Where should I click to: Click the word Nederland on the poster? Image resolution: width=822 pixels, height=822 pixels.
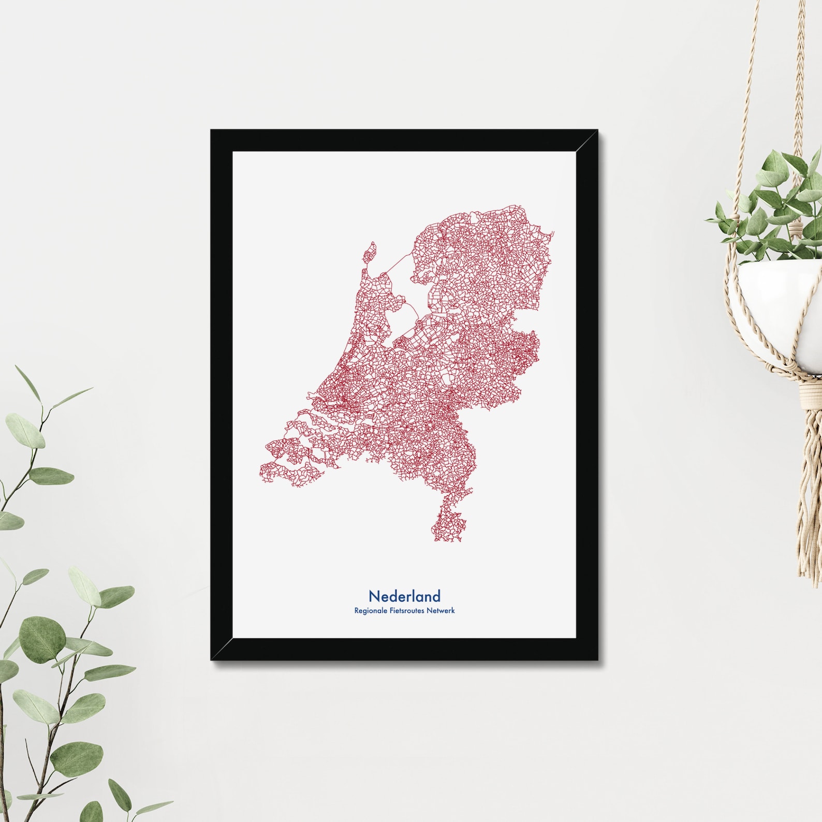[404, 596]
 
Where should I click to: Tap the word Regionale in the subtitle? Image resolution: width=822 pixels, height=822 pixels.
[369, 611]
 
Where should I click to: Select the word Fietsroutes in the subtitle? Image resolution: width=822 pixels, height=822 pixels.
[405, 611]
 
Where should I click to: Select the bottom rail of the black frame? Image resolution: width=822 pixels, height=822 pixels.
[404, 650]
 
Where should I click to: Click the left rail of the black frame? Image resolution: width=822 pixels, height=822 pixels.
[221, 393]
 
